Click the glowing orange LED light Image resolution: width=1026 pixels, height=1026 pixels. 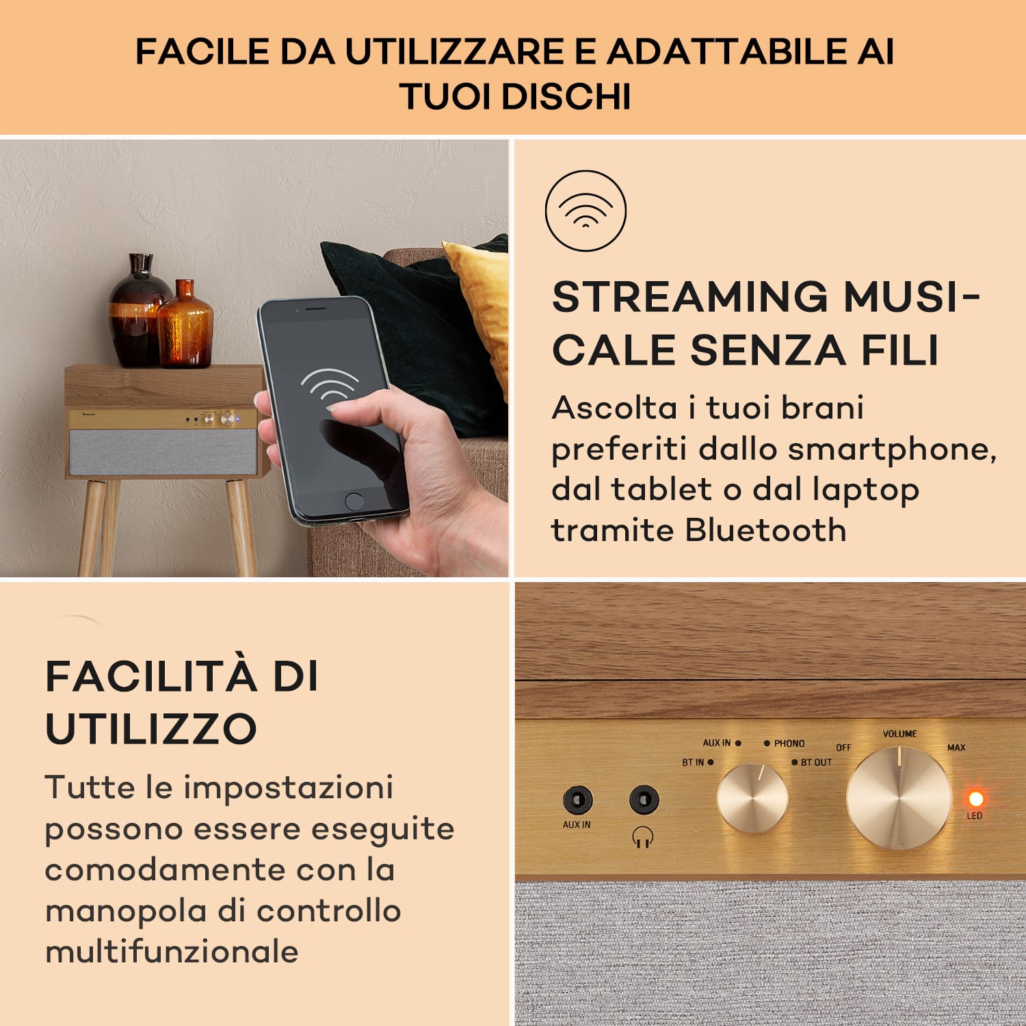click(x=975, y=798)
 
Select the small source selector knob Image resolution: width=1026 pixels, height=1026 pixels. click(x=752, y=798)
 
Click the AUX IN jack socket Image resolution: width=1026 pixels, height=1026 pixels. click(x=577, y=799)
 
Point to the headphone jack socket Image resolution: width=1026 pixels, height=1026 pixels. click(x=643, y=799)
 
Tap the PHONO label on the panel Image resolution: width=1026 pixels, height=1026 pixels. click(x=789, y=744)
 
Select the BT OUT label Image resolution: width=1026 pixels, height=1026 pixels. click(x=816, y=762)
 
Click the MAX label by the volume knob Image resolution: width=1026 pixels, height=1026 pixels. click(x=956, y=748)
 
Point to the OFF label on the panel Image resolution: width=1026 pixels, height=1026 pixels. click(x=843, y=748)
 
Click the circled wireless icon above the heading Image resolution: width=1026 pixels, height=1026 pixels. click(x=586, y=210)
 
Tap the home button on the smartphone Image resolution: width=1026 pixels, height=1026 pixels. click(x=354, y=501)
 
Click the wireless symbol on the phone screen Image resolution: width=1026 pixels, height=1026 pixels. click(x=330, y=386)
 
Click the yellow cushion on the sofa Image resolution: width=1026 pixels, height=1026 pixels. click(x=482, y=301)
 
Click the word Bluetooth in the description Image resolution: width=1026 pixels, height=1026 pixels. click(x=765, y=530)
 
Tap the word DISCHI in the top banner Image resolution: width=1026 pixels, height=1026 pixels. click(x=566, y=96)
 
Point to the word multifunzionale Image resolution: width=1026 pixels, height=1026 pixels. click(x=172, y=951)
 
